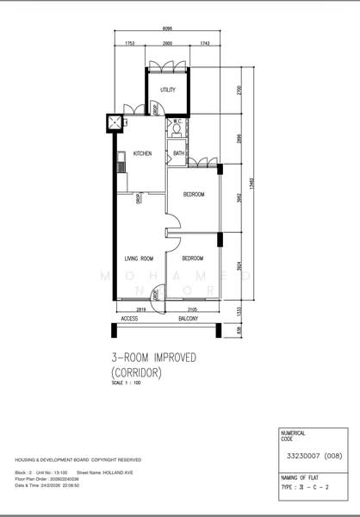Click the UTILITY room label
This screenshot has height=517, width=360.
167,90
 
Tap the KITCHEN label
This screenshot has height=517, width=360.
143,153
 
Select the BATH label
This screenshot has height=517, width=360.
178,153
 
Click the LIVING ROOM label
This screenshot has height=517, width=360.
139,258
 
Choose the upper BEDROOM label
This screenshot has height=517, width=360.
194,195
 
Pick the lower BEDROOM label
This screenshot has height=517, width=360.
192,258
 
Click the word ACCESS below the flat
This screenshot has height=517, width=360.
129,319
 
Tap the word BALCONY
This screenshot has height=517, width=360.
189,319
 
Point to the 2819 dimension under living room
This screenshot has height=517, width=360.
140,308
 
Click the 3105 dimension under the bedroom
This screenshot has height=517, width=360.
191,308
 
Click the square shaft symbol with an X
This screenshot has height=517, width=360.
115,121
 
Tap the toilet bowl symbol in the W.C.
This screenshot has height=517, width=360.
176,134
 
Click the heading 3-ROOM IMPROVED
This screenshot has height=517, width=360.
153,357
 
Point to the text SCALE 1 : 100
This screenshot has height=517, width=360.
126,383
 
